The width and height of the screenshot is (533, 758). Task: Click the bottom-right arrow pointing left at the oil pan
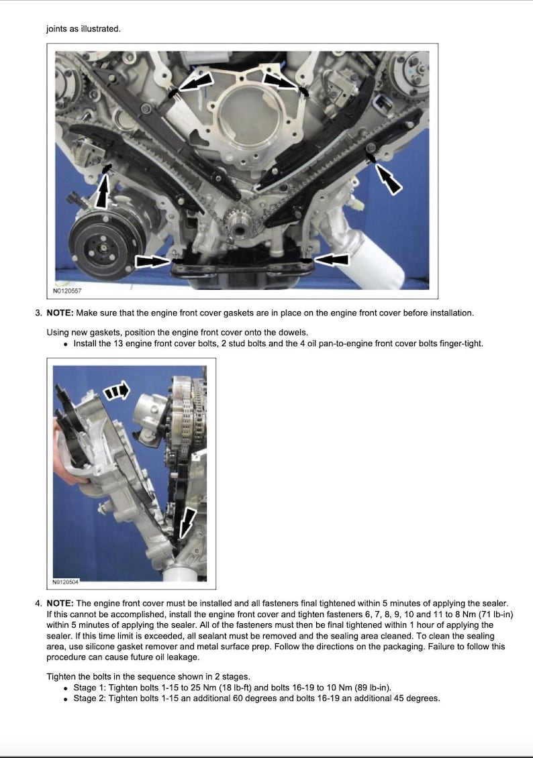[x=330, y=259]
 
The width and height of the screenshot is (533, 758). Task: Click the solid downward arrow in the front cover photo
[x=189, y=523]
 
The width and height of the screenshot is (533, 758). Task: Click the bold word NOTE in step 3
[x=60, y=313]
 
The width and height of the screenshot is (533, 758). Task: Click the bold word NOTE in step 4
[x=60, y=604]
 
